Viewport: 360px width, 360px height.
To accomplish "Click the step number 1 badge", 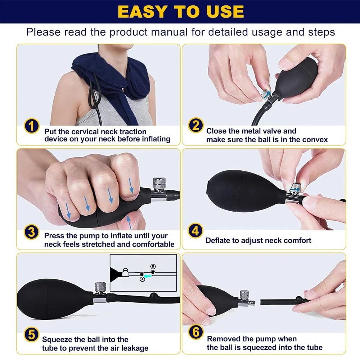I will pos(32,126).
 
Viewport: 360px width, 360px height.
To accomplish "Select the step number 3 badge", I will pos(32,232).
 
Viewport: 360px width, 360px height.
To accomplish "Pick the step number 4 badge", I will pos(195,231).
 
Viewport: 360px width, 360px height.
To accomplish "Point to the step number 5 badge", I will pos(32,335).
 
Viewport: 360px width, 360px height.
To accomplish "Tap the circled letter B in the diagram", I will pos(153,266).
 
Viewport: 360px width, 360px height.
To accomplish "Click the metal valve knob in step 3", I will pos(158,184).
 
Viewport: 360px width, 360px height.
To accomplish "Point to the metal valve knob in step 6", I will pos(245,295).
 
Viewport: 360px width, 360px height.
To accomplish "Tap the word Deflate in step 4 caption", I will pos(219,240).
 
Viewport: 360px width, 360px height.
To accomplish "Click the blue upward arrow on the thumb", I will pos(130,224).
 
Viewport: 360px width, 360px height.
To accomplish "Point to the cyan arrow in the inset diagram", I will pos(148,275).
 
